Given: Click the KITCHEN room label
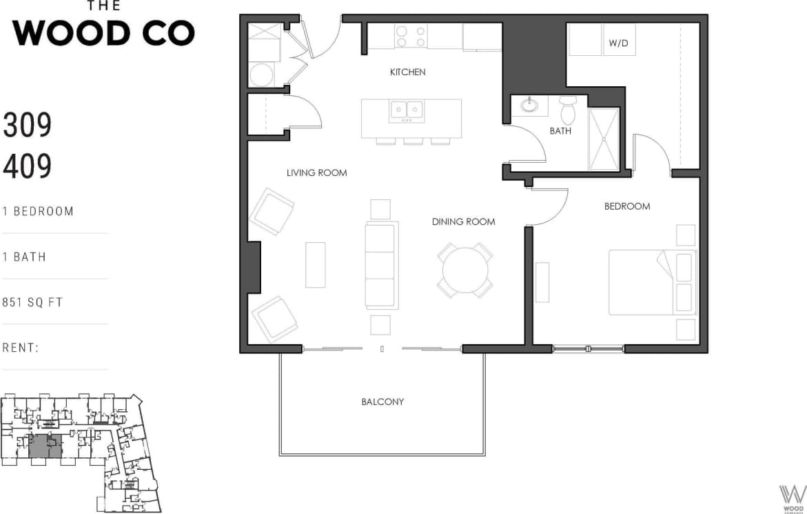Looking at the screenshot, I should pyautogui.click(x=407, y=72).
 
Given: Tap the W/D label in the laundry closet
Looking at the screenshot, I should pyautogui.click(x=619, y=43).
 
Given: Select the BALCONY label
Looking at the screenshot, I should pyautogui.click(x=382, y=402).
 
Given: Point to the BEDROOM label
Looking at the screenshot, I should pyautogui.click(x=626, y=206).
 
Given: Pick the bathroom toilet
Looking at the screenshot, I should pyautogui.click(x=568, y=110).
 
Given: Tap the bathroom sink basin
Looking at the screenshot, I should pyautogui.click(x=529, y=106).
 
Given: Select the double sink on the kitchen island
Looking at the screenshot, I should pyautogui.click(x=407, y=110).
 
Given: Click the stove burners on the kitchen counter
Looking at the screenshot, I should pyautogui.click(x=411, y=36).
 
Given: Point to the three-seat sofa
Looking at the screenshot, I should pyautogui.click(x=381, y=266).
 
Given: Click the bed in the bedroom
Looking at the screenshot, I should pyautogui.click(x=652, y=283).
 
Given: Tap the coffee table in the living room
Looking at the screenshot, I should pyautogui.click(x=315, y=265).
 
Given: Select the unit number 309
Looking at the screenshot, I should pyautogui.click(x=28, y=126).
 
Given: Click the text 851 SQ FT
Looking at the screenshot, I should pyautogui.click(x=32, y=302).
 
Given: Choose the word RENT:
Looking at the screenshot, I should pyautogui.click(x=21, y=348).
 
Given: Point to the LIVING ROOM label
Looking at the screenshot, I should pyautogui.click(x=316, y=173).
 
